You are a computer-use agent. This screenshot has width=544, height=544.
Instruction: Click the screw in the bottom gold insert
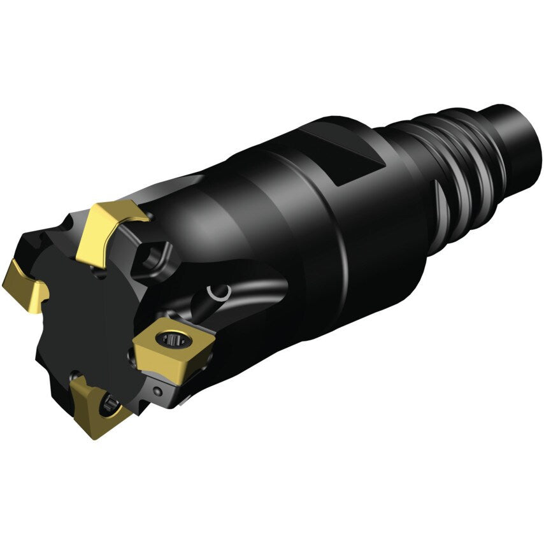(110, 403)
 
